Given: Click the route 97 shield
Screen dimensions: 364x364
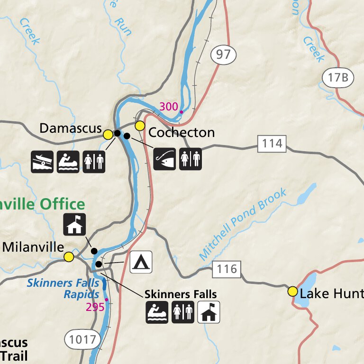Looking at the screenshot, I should pyautogui.click(x=223, y=55).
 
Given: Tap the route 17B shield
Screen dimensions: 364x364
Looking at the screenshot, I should pyautogui.click(x=338, y=77).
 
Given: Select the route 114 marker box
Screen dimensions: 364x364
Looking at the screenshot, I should pyautogui.click(x=272, y=143).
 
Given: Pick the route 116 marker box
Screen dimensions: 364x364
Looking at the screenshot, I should pyautogui.click(x=227, y=270).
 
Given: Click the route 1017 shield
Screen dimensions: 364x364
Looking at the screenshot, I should pyautogui.click(x=83, y=339).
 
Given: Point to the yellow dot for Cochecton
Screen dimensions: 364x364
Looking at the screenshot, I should pyautogui.click(x=140, y=126).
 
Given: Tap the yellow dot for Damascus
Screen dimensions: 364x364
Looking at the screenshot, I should pyautogui.click(x=108, y=135).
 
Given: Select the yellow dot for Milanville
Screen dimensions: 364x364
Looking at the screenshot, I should pyautogui.click(x=69, y=257).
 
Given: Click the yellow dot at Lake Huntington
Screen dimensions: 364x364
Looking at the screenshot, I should pyautogui.click(x=292, y=291).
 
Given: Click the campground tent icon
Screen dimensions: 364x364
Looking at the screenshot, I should pyautogui.click(x=141, y=262).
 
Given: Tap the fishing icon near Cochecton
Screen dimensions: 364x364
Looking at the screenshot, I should pyautogui.click(x=164, y=159).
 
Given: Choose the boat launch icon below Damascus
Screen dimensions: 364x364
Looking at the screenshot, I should pyautogui.click(x=42, y=162).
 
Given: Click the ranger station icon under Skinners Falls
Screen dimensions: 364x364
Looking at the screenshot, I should pyautogui.click(x=209, y=312).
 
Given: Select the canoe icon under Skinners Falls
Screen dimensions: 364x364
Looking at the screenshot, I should pyautogui.click(x=157, y=312).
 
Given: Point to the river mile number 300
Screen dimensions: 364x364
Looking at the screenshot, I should pyautogui.click(x=168, y=106).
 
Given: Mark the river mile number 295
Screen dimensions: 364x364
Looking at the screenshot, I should pyautogui.click(x=95, y=307).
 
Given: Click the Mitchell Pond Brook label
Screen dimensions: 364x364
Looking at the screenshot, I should pyautogui.click(x=243, y=224).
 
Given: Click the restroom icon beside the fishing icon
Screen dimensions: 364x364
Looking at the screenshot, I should pyautogui.click(x=190, y=159).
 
